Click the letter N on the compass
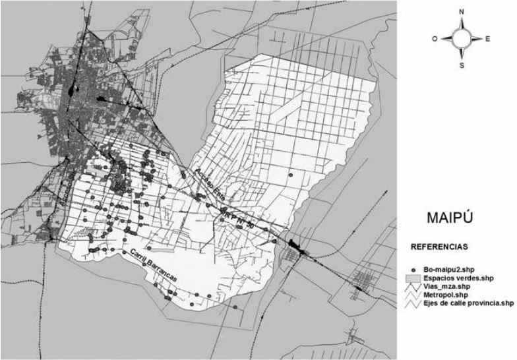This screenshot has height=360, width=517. point(462,12)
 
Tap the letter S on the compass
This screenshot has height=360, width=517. point(462,66)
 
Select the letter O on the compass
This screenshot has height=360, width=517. point(435,39)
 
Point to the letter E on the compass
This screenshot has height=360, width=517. point(487,39)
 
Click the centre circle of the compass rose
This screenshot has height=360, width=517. point(462,39)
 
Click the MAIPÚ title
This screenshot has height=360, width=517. point(452,218)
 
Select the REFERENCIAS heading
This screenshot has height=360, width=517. point(439,247)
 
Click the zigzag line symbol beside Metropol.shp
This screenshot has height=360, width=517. point(413,295)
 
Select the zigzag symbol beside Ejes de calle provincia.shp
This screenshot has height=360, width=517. point(413,303)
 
